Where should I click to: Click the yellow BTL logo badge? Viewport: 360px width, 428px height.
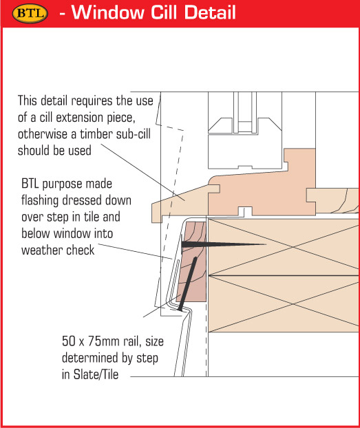30,13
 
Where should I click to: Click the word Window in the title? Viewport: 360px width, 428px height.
107,12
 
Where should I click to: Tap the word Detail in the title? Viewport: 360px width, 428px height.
210,12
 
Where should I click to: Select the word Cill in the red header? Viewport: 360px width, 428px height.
164,12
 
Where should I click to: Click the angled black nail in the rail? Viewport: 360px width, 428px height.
187,284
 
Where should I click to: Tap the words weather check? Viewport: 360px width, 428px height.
58,250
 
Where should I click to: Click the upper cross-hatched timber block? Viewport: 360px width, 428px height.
284,247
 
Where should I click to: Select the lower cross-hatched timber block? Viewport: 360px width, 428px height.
284,304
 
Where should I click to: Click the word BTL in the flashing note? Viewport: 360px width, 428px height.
30,184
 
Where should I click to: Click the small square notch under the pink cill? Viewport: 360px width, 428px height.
245,212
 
